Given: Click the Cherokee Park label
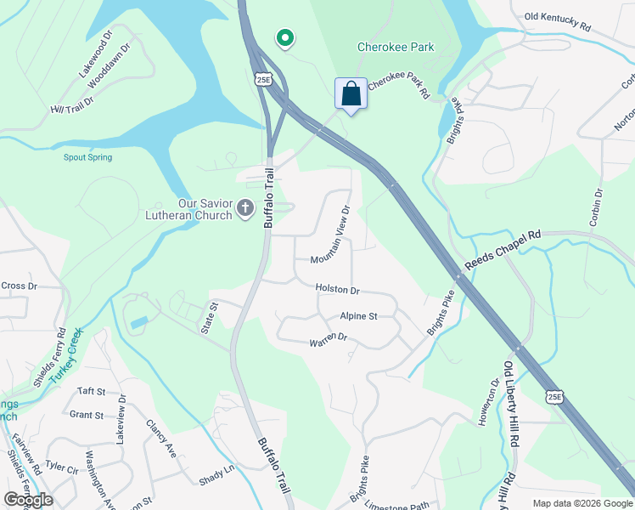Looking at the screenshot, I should pyautogui.click(x=396, y=48).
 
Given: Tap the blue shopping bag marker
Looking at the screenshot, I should pyautogui.click(x=351, y=93).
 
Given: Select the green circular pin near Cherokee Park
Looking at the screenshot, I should pyautogui.click(x=286, y=38).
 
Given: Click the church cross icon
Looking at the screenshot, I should pyautogui.click(x=245, y=208).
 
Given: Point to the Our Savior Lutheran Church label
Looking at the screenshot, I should pyautogui.click(x=194, y=209).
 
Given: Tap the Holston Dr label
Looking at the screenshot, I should pyautogui.click(x=337, y=290).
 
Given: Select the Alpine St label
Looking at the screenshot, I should pyautogui.click(x=358, y=316).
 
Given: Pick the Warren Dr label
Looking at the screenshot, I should pyautogui.click(x=329, y=340).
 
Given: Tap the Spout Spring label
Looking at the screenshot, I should pyautogui.click(x=87, y=157).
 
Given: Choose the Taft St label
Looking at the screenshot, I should pyautogui.click(x=91, y=391).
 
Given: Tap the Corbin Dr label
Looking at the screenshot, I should pyautogui.click(x=597, y=207).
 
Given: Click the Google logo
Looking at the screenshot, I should pyautogui.click(x=28, y=499).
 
